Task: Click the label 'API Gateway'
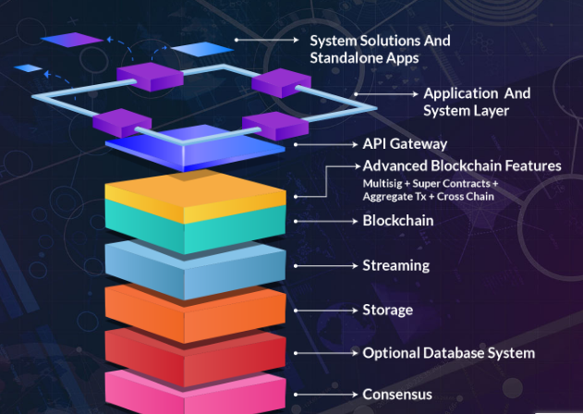tap(405, 144)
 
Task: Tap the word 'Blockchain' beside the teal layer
tap(397, 221)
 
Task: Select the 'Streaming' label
tap(395, 266)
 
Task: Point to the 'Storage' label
tap(387, 310)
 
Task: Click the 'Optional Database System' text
tap(448, 353)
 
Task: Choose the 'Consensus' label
tap(396, 395)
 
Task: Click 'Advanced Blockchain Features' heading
tap(461, 166)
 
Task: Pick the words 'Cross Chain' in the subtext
tap(466, 196)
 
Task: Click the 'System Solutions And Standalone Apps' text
tap(380, 49)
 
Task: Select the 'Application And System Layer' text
tap(477, 102)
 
